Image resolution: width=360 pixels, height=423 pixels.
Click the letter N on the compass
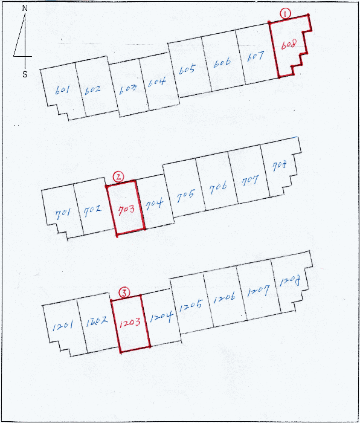point(25,8)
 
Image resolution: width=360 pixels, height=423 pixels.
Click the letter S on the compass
point(25,74)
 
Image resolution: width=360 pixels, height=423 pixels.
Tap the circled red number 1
point(286,13)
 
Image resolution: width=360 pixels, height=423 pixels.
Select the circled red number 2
point(118,177)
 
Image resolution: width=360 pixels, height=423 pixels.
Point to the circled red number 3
point(124,292)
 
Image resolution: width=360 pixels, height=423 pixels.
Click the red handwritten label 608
point(289,45)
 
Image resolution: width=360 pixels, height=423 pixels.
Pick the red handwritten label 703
point(126,210)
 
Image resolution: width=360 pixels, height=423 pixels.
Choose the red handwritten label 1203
point(130,322)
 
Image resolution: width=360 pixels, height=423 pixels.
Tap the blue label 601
point(62,90)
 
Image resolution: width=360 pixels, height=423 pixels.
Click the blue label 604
point(156,82)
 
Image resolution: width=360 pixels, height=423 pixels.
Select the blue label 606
point(222,63)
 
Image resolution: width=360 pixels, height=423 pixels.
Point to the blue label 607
point(255,57)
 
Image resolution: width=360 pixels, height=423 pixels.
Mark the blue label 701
point(63,215)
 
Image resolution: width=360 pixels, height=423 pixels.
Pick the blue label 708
point(280,166)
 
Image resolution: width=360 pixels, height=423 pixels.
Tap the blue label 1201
point(62,326)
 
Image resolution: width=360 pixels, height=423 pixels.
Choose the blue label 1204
point(161,317)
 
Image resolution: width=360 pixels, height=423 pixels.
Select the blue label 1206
point(224,298)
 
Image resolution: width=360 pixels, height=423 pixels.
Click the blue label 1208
point(290,282)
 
